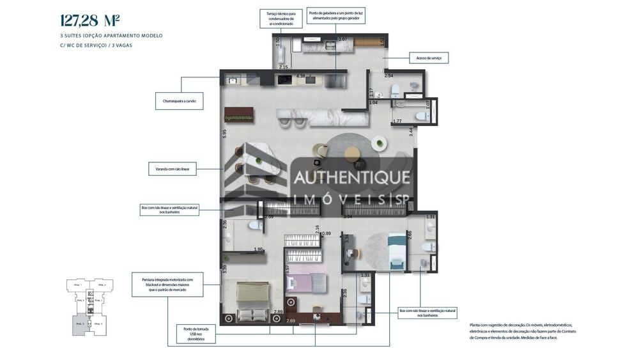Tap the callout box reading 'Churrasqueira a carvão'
tap(179, 100)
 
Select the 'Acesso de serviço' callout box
tap(428, 58)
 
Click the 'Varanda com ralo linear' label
tap(172, 169)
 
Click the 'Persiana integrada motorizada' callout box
tap(167, 284)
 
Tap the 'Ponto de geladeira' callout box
tap(336, 15)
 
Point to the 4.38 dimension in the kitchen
tap(301, 77)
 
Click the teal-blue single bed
tap(397, 249)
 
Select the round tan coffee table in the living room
tap(352, 153)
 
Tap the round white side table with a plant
tap(381, 143)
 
